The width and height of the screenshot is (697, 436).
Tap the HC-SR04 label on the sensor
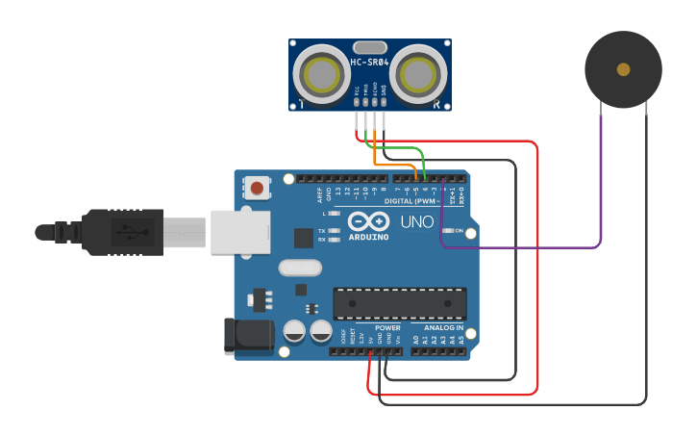tap(369, 63)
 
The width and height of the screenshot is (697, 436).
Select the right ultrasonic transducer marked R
tap(420, 73)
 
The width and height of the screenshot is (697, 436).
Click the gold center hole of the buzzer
tap(623, 69)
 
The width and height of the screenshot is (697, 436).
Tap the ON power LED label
tap(460, 231)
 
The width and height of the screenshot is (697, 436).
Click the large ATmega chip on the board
tap(399, 303)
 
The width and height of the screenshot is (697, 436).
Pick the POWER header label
tap(387, 328)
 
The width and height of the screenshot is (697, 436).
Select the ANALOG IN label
tap(444, 328)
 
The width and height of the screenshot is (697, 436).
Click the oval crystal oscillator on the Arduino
tap(299, 268)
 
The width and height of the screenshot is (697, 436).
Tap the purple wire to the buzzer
tap(600, 192)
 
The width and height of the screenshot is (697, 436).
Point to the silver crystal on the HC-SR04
tap(369, 46)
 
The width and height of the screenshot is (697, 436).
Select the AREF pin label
tap(321, 195)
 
